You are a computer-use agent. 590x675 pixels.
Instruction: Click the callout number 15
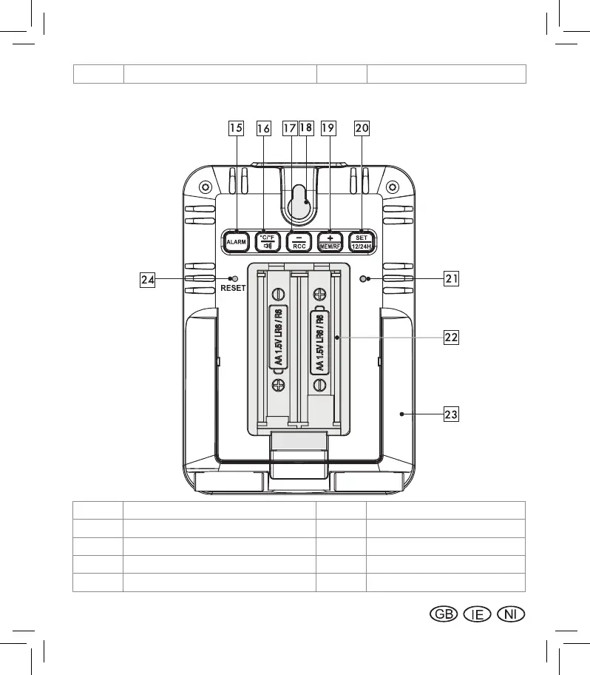[x=235, y=128]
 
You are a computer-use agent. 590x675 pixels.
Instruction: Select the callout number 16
[x=263, y=128]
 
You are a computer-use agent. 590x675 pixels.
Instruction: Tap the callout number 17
[x=289, y=128]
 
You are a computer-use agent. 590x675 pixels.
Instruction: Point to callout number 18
[x=306, y=128]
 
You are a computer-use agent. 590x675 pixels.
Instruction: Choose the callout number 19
[x=328, y=128]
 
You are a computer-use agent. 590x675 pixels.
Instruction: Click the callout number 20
[x=362, y=128]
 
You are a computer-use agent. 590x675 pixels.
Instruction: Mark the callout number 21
[x=452, y=278]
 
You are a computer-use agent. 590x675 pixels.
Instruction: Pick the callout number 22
[x=452, y=337]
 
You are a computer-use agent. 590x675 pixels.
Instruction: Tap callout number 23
[x=452, y=414]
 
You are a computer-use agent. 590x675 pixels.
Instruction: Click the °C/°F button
[x=267, y=241]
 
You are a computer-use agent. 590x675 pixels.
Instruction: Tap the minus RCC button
[x=299, y=241]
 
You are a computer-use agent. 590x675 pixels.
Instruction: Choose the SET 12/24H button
[x=362, y=241]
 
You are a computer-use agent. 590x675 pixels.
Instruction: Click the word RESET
[x=232, y=289]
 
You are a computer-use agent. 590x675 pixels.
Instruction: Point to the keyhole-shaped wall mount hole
[x=298, y=205]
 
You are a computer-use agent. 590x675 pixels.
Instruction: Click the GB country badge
[x=442, y=614]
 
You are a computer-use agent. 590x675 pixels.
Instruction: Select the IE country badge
[x=477, y=614]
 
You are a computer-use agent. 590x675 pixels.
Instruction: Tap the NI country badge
[x=511, y=614]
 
